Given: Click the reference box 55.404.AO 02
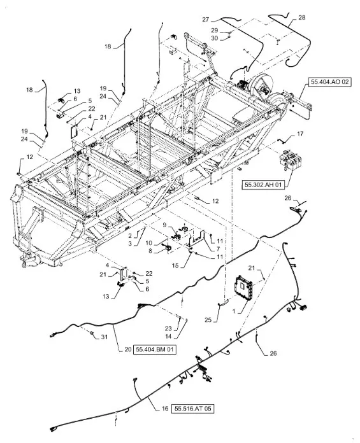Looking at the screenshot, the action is coord(330,82).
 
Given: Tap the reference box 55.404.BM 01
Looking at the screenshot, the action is coord(154,349).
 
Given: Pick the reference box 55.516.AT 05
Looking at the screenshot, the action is coord(193,409).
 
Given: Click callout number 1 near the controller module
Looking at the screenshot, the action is coord(234,311).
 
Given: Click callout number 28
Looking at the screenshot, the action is coord(302,18).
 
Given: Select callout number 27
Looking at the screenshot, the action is coord(206,19).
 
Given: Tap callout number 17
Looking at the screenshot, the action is coord(299,134).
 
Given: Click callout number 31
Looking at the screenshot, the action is coord(104,337).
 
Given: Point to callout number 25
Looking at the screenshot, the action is coord(208,320).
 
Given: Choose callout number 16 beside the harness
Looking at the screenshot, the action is coord(165,409).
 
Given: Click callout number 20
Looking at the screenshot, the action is coord(128,349).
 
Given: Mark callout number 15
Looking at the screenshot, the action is coord(175,265).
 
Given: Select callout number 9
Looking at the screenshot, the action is coord(164,225).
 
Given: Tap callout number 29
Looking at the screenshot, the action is coord(215,30).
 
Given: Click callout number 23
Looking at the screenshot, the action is coord(168,328).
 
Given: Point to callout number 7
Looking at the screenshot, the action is coord(218,249).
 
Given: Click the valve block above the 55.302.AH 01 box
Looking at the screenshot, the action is coord(291,160).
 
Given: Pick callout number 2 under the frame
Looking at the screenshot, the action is coord(130,236).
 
